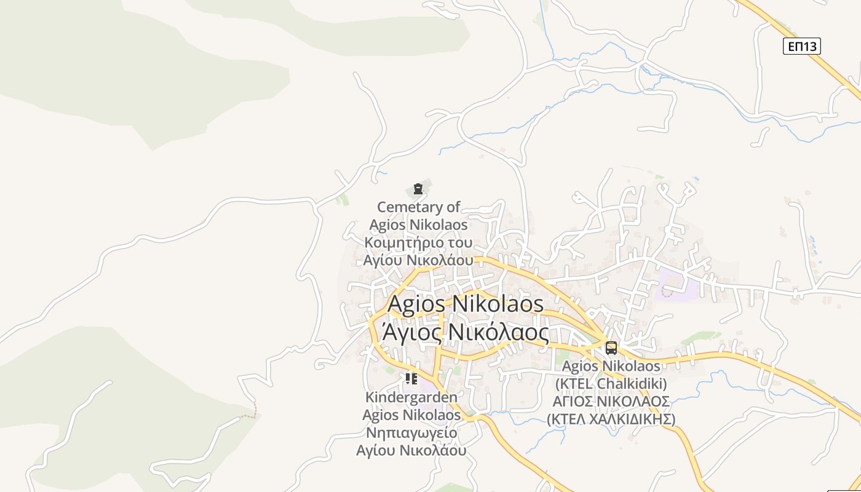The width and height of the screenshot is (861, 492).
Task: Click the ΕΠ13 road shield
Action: (801, 46)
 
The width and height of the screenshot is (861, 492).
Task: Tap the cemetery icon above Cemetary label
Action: (418, 188)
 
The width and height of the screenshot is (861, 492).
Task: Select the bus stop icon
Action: (611, 348)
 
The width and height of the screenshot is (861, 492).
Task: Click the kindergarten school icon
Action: (411, 379)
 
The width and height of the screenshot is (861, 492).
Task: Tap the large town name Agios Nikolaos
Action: (466, 304)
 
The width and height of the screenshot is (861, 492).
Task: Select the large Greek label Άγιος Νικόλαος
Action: (466, 332)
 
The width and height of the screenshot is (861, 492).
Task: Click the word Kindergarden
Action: (411, 397)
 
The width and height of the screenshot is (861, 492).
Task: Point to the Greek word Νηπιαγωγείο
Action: (411, 432)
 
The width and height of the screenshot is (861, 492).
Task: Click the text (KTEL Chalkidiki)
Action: (611, 384)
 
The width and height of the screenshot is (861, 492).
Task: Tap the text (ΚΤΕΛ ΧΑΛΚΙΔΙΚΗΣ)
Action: (611, 419)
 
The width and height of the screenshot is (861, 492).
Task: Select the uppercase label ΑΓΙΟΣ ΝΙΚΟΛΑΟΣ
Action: (611, 402)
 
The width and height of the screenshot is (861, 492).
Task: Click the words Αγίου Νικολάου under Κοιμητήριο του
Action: (418, 260)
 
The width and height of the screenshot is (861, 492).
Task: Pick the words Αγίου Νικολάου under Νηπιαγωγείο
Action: (411, 450)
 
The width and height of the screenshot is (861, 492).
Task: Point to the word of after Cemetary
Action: (453, 207)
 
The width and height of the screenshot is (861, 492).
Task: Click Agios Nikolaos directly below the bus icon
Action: (611, 367)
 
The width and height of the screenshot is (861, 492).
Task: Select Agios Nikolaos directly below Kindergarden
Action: (411, 415)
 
